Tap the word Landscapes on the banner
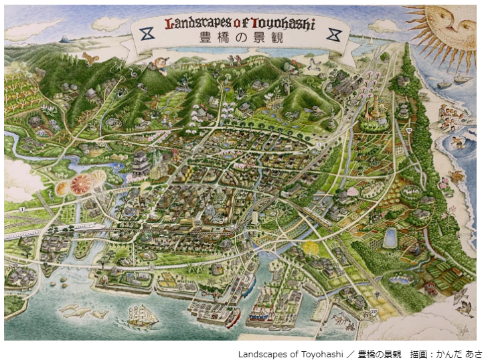click(197, 24)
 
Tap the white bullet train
click(40, 235)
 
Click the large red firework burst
click(81, 184)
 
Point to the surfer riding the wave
click(457, 143)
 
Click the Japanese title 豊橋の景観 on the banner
click(240, 38)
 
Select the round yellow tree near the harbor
click(310, 248)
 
